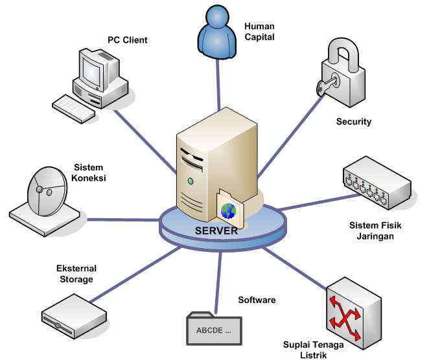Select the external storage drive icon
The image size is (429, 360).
click(x=73, y=313)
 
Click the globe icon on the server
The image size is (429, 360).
click(x=229, y=210)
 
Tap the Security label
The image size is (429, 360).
click(x=353, y=122)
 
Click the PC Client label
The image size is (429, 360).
click(x=127, y=40)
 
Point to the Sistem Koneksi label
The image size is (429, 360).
click(x=90, y=173)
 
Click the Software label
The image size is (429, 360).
click(x=257, y=300)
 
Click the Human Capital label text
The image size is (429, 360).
click(x=260, y=32)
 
